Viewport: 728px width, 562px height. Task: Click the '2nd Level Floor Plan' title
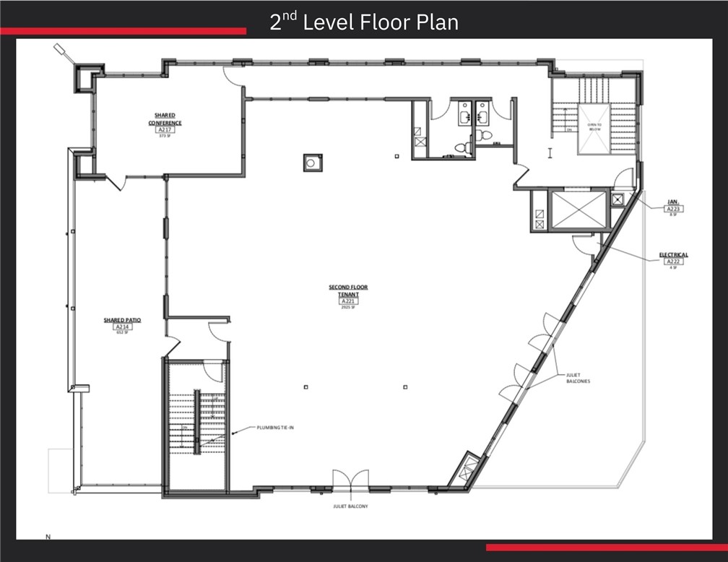[364, 22]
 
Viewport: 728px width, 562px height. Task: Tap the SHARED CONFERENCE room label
[165, 118]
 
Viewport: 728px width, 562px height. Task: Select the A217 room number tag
[165, 129]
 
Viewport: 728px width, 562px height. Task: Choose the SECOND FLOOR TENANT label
[348, 290]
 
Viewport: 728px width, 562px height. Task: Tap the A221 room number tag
[348, 301]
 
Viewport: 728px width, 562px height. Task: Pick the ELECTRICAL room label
[673, 255]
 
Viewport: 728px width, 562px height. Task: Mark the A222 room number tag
[673, 261]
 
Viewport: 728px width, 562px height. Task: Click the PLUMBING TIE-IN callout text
[275, 428]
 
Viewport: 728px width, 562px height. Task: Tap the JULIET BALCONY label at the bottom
[350, 506]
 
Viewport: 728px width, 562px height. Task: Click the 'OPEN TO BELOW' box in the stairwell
[594, 129]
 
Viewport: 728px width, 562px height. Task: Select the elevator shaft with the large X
[577, 209]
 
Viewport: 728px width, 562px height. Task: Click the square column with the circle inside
[312, 163]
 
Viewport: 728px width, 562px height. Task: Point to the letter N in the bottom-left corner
[48, 537]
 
